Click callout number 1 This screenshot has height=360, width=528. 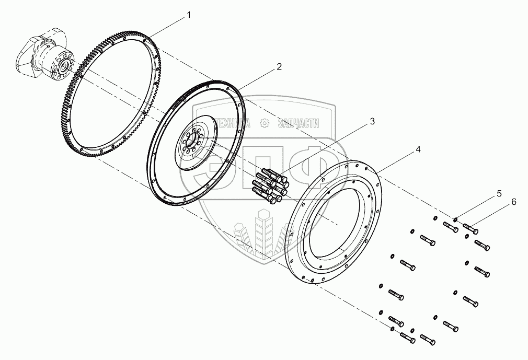(x=189, y=16)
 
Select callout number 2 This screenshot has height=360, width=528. (x=279, y=66)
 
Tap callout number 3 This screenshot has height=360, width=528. (x=372, y=121)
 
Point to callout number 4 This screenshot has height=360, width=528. (x=418, y=149)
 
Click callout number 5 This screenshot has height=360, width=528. (x=499, y=193)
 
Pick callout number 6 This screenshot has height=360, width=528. (x=513, y=202)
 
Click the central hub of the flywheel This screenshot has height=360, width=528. (x=191, y=141)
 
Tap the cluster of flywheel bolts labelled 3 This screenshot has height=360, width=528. (x=270, y=184)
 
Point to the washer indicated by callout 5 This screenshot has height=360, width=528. (x=456, y=220)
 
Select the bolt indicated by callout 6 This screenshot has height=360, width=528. (x=470, y=228)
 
